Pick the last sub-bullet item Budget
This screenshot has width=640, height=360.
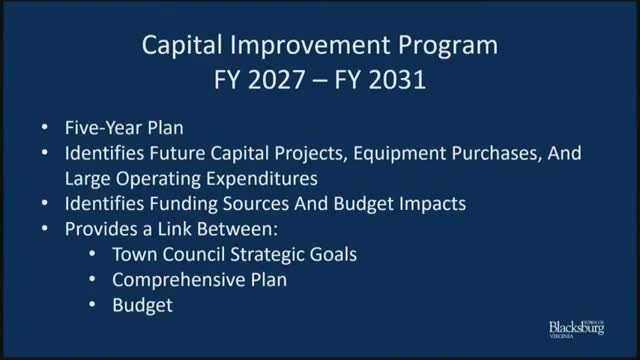pyautogui.click(x=142, y=304)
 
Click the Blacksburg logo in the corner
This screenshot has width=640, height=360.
pyautogui.click(x=578, y=328)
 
